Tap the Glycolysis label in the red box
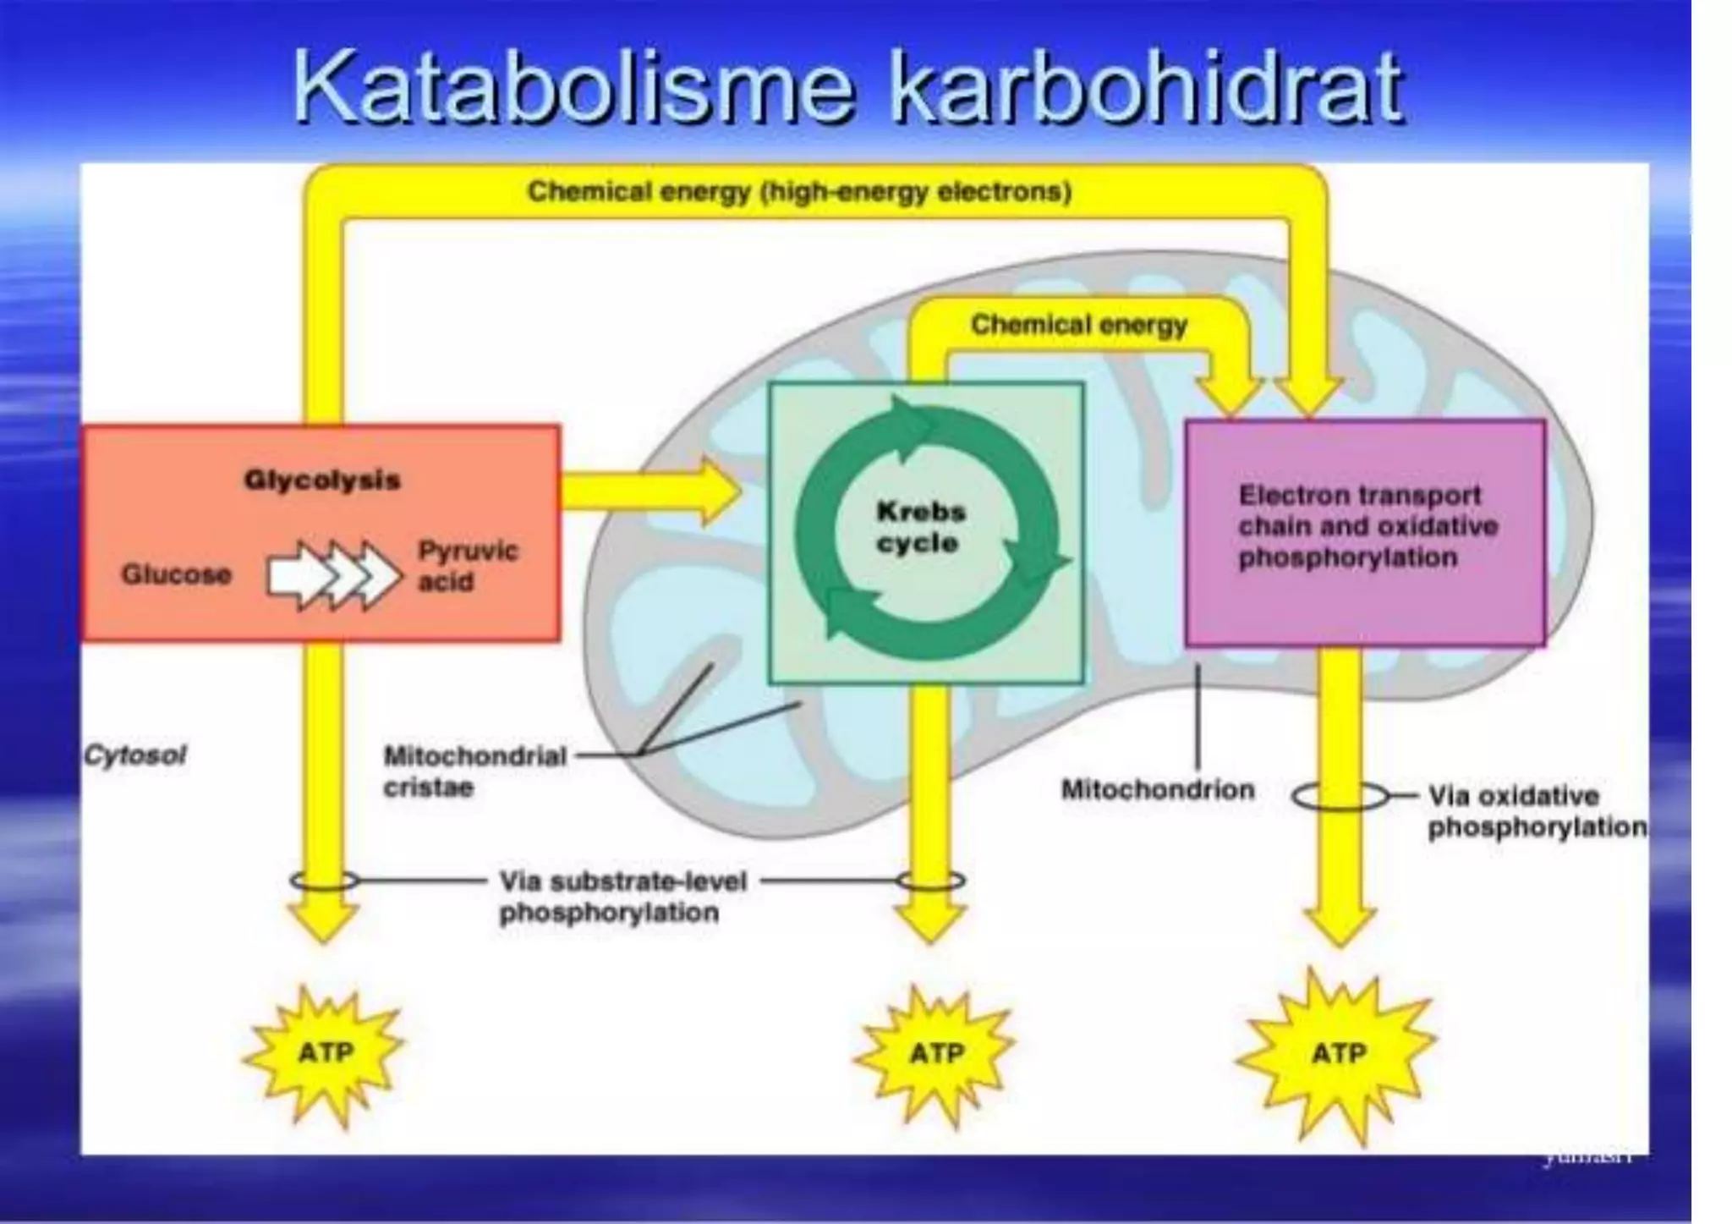[322, 480]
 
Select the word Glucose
[176, 574]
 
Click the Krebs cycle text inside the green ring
[920, 527]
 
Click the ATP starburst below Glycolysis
[326, 1052]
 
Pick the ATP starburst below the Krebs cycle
[936, 1053]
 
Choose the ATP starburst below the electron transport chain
[1338, 1053]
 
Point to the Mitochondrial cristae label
[474, 771]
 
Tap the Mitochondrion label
[1158, 790]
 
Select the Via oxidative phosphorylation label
[1536, 811]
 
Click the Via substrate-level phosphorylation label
[622, 897]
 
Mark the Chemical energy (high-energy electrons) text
[799, 192]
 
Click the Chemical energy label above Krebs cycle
[1078, 325]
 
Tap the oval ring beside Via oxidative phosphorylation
[1340, 796]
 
